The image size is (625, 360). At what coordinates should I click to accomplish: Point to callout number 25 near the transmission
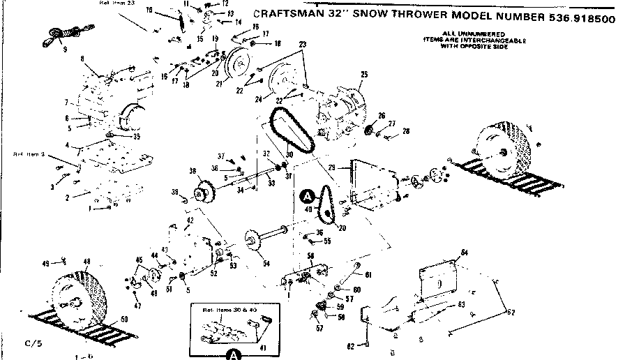[363, 73]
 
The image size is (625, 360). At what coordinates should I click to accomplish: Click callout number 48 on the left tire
[87, 262]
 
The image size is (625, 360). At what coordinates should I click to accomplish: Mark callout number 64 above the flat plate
[464, 250]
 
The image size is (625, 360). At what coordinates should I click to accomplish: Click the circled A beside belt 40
[307, 197]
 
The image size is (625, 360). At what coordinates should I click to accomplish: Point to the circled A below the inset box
[233, 354]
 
